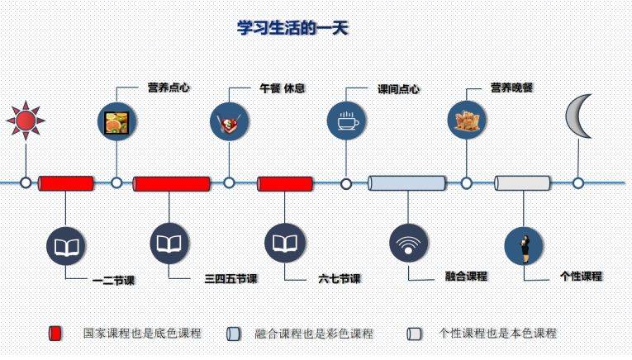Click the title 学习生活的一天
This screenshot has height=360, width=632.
pos(293,28)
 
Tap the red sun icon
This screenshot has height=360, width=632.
pos(25,121)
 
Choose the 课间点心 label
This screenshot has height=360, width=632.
pos(398,88)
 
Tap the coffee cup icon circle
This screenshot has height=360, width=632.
pos(346,121)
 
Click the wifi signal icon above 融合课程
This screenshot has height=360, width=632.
pos(408,244)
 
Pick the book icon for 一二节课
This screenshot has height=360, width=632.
pos(66,246)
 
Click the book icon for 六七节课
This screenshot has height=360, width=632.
pos(284,243)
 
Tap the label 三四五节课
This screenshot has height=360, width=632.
pos(230,279)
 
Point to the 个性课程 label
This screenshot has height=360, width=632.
pos(581,277)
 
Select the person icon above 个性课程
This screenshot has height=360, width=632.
pos(524,246)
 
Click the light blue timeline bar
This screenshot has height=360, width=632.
pos(406,182)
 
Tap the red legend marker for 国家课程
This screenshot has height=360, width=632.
pos(55,334)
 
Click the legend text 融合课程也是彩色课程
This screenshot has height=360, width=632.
pos(314,334)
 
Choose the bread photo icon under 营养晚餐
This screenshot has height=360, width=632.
pos(466,121)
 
